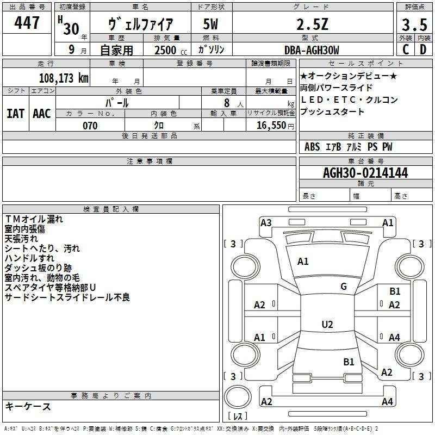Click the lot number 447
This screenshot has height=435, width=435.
(x=27, y=23)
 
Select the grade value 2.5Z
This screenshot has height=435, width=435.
(x=312, y=24)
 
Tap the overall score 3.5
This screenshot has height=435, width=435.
(x=414, y=24)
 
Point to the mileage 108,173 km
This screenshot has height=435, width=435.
(x=64, y=78)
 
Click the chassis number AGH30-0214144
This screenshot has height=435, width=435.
(x=365, y=173)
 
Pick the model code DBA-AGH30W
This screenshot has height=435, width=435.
(x=312, y=50)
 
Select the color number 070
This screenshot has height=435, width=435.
(x=90, y=126)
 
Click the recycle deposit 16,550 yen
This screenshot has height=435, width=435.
(x=275, y=126)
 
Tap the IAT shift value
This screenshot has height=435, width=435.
(x=15, y=114)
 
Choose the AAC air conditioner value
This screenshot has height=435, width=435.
(x=42, y=114)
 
